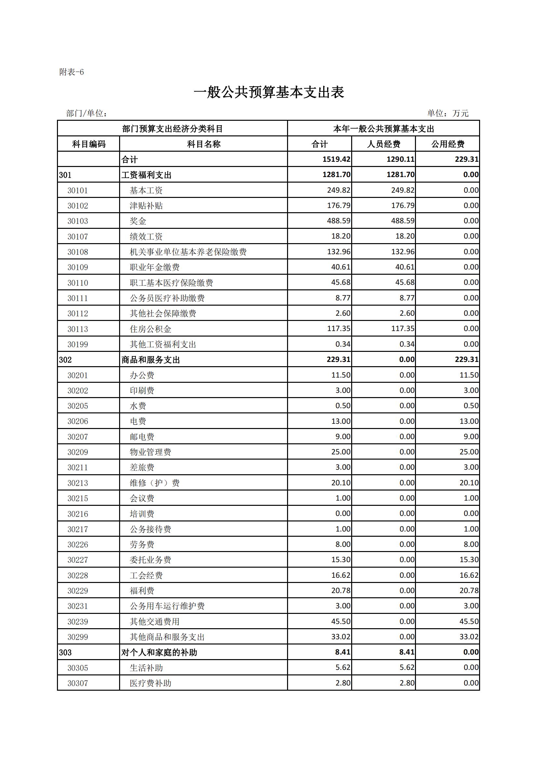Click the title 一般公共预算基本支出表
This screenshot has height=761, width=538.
click(x=269, y=92)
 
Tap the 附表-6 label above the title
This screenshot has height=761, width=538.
click(x=72, y=72)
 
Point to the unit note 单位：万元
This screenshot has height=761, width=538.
click(x=448, y=113)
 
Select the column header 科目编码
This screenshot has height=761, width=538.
click(x=89, y=144)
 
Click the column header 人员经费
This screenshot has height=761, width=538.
click(x=383, y=144)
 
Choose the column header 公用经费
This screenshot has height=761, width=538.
click(x=448, y=144)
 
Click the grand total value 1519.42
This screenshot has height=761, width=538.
click(x=336, y=159)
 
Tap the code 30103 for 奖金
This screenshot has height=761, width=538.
click(x=77, y=221)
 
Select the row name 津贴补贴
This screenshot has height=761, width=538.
click(x=146, y=205)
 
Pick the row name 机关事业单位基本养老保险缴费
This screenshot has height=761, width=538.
click(x=188, y=252)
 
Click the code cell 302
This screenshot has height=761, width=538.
click(x=65, y=360)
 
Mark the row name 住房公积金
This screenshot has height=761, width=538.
click(x=150, y=329)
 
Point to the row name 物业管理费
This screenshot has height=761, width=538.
click(x=150, y=452)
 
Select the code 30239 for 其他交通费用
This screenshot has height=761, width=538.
click(x=77, y=621)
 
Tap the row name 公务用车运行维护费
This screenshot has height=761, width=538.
click(x=167, y=606)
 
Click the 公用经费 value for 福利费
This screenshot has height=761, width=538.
click(x=469, y=590)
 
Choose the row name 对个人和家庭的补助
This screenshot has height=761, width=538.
click(x=159, y=652)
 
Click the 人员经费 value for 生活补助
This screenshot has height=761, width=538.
click(x=407, y=668)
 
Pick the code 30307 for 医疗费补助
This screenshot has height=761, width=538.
click(x=77, y=683)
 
